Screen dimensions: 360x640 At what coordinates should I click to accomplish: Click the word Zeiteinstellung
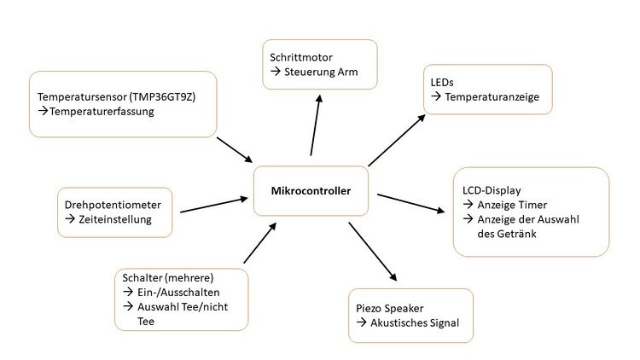114,220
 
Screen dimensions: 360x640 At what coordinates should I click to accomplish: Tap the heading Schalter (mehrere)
167,278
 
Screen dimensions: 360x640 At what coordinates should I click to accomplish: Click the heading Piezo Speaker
390,307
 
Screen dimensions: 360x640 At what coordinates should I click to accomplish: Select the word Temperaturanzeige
491,96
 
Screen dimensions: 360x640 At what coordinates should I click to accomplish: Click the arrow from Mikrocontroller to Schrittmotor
317,125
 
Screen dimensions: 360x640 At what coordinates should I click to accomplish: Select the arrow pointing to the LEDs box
396,140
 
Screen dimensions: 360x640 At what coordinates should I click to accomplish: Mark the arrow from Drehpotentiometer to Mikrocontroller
213,206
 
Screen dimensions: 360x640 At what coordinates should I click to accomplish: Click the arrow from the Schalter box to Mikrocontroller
259,242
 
